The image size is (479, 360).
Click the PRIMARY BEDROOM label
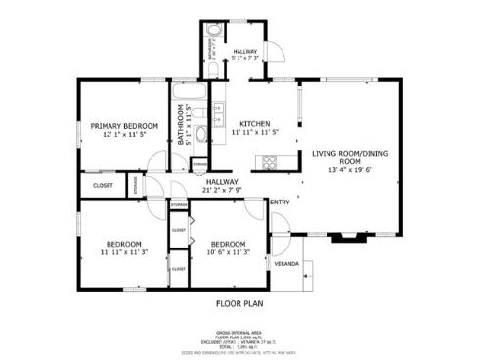(124, 125)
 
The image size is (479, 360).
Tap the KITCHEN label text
(253, 123)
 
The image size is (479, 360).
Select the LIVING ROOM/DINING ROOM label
(350, 158)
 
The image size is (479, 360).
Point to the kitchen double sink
(219, 112)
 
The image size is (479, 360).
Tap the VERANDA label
(285, 263)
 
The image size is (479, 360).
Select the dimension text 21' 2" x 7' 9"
(222, 190)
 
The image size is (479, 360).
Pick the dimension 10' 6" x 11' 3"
(228, 252)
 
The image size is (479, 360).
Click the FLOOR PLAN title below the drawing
(239, 303)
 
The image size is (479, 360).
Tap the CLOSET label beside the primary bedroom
(103, 185)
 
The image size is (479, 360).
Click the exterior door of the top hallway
(277, 51)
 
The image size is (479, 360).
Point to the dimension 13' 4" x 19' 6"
(350, 170)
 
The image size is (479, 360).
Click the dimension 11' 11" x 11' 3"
(124, 252)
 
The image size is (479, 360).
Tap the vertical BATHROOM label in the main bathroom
(181, 126)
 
